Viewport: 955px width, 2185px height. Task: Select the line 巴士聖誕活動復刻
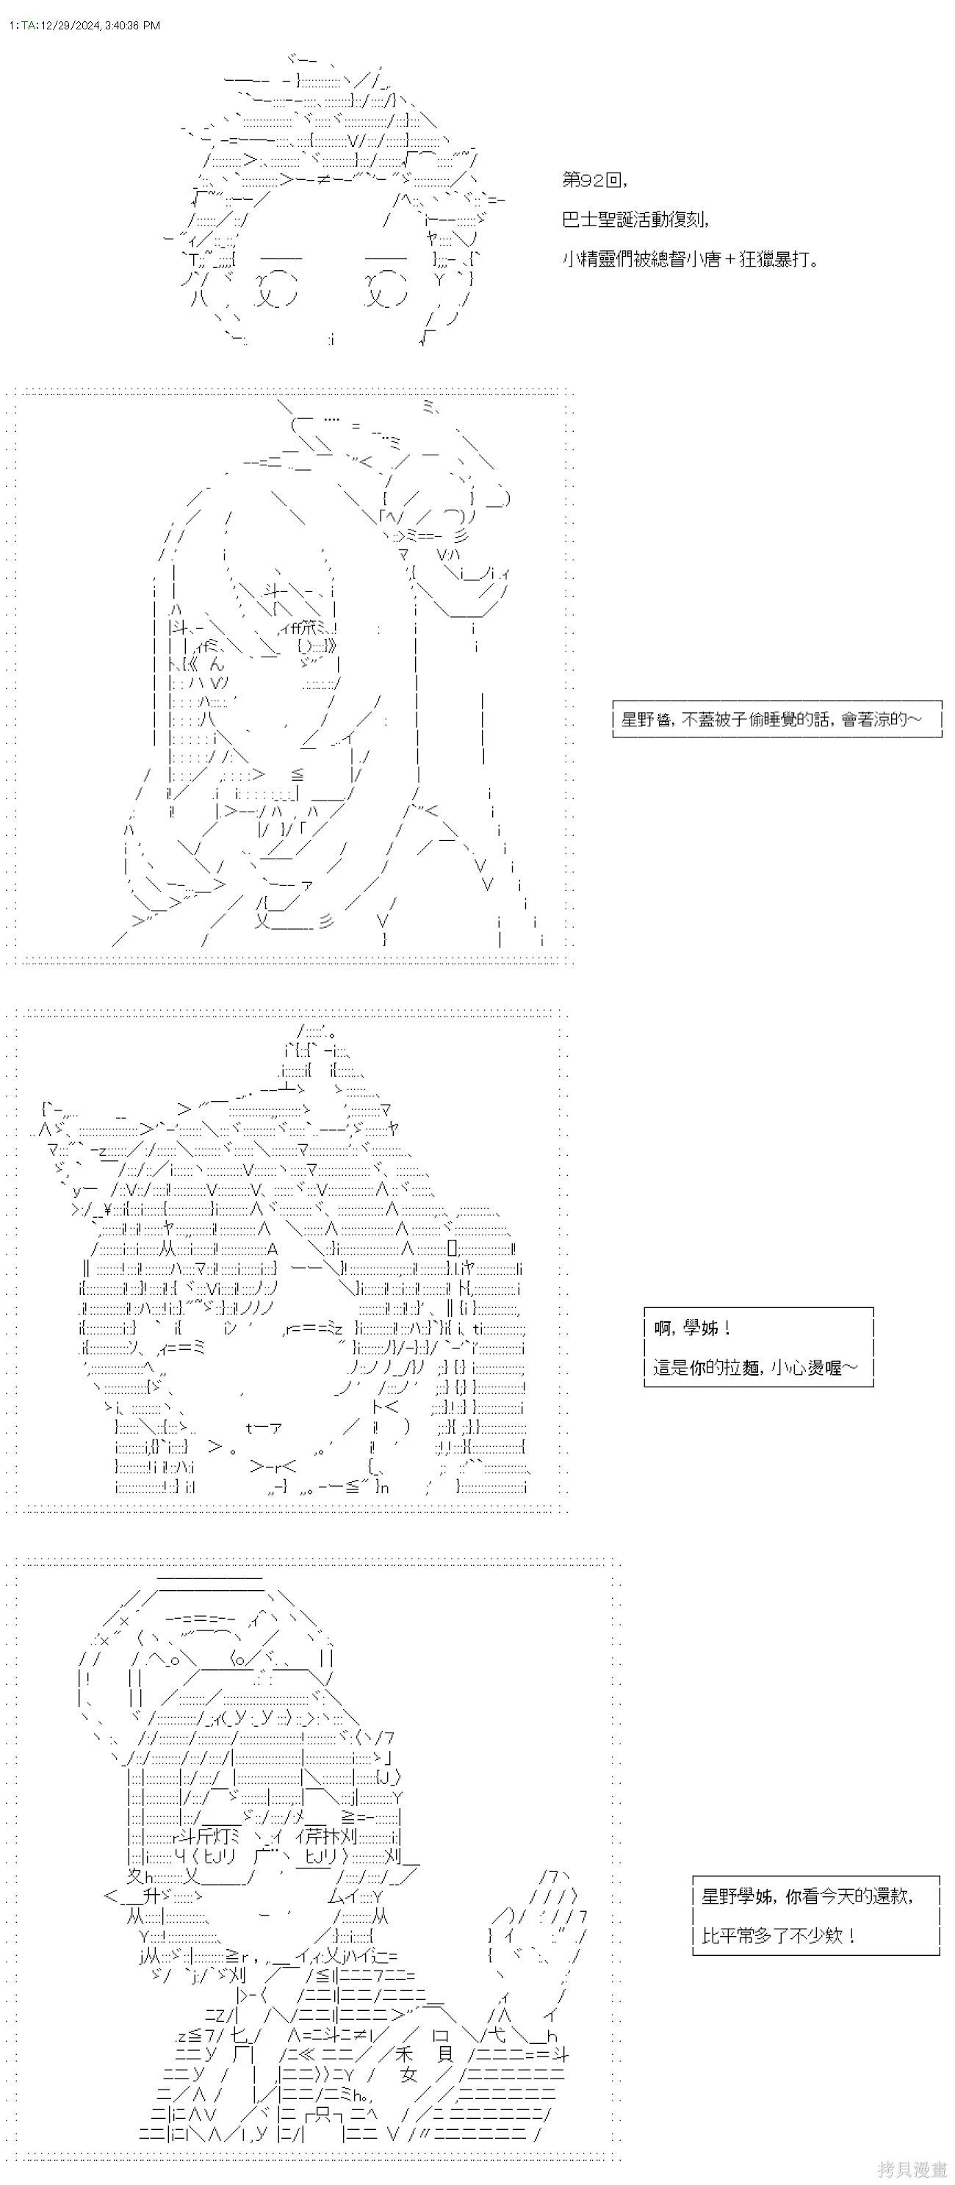coord(635,220)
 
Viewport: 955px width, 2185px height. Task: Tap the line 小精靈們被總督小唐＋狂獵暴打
coord(691,259)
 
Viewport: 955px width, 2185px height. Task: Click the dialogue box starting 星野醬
coord(777,719)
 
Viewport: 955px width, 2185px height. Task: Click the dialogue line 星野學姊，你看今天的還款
coord(807,1896)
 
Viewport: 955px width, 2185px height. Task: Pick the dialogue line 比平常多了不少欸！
coord(779,1935)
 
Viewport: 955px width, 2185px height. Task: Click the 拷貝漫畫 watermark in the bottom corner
coord(912,2170)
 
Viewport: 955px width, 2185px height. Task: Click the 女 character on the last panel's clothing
coord(410,2076)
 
